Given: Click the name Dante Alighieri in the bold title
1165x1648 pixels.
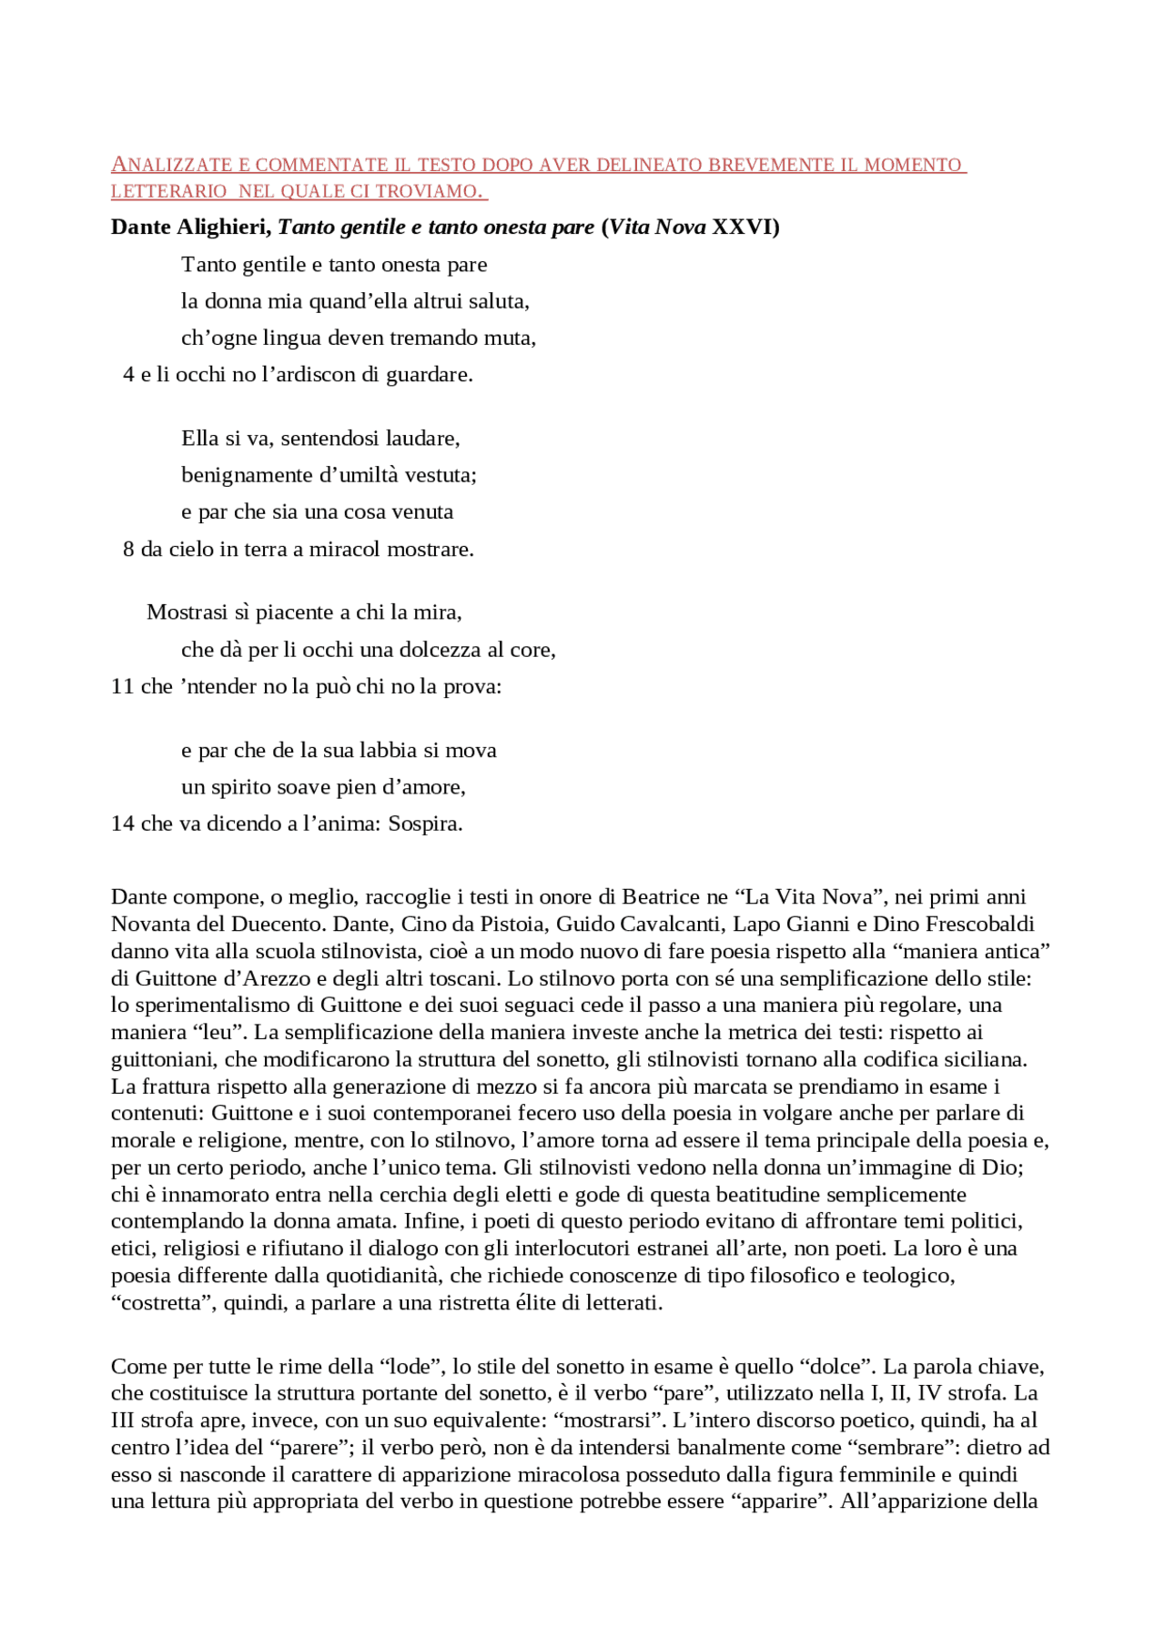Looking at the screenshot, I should (190, 227).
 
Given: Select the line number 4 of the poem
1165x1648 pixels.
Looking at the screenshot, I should (128, 375).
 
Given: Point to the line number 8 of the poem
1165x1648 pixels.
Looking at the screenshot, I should (128, 550).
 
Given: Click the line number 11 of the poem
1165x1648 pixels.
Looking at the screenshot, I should (122, 687).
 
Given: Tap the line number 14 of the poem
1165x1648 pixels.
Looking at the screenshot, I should (122, 824).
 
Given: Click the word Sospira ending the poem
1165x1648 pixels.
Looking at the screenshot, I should (425, 824).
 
